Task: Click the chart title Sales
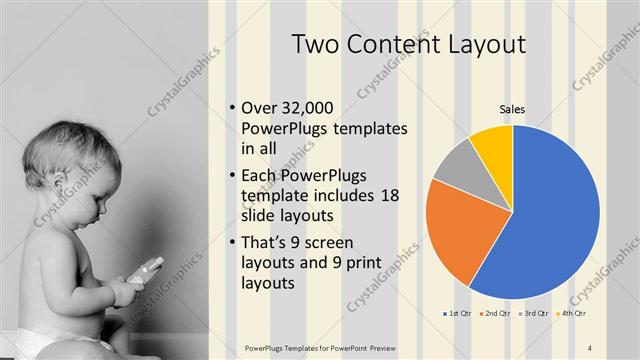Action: coord(512,109)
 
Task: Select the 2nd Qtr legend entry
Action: coord(495,314)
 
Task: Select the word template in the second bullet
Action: coord(274,195)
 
